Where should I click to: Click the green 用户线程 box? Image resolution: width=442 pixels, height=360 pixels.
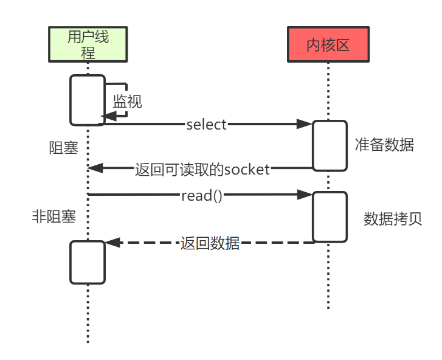pos(88,44)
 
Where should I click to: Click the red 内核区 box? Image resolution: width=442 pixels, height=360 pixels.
pos(328,44)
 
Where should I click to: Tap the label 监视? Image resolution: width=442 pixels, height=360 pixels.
pos(128,101)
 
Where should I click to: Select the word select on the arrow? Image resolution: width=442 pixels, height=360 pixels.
pos(206,125)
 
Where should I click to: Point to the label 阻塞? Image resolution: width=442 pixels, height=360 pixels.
pos(64,148)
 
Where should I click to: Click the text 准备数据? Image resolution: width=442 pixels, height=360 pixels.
pos(384,145)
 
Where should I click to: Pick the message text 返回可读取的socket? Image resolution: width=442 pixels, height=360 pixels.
pos(202,169)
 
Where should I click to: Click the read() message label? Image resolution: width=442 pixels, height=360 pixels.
pos(202,195)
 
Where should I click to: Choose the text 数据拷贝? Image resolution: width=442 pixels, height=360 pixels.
pos(393,219)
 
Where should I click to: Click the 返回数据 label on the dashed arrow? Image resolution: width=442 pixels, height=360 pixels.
pos(210,243)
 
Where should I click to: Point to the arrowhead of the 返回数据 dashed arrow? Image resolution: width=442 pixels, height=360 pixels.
pos(110,243)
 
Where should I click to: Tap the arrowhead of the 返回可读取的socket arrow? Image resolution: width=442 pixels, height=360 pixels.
pos(94,168)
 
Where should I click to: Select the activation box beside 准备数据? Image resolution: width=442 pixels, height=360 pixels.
pos(330,145)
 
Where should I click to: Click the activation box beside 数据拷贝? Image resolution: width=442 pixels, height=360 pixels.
pos(330,217)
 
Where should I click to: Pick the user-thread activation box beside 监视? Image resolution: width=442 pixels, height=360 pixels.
pos(88,100)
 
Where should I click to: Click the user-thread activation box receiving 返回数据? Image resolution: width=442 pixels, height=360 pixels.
pos(88,262)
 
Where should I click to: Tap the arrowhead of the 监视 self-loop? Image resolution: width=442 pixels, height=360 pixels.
pos(110,117)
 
